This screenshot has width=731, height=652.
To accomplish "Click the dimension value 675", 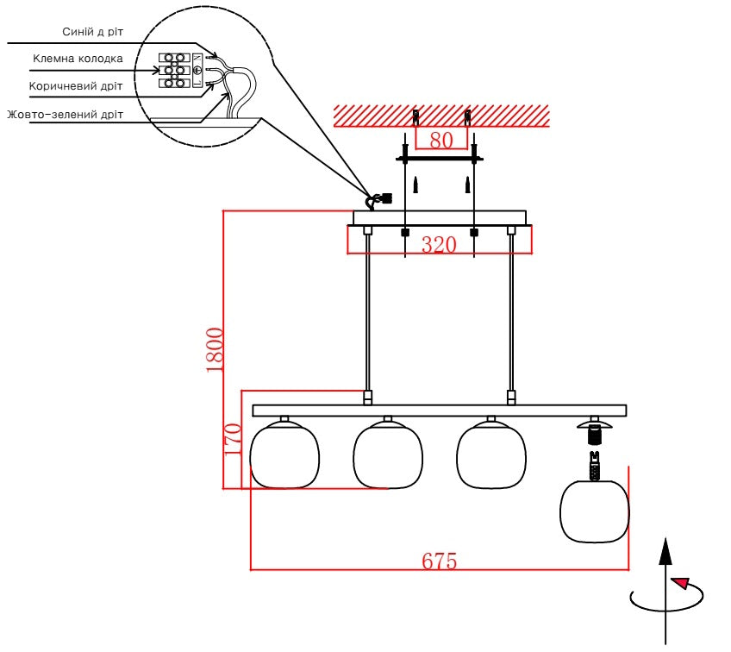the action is point(439,561).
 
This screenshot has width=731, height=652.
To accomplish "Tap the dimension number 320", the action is point(439,245).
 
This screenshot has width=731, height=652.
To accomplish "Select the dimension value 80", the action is point(441,140).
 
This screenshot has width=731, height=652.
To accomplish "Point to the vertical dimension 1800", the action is point(215,350).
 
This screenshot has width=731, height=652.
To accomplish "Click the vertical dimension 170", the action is point(233,439).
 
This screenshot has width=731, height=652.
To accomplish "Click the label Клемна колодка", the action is point(78,59).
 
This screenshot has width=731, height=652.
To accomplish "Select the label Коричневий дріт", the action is point(76,86).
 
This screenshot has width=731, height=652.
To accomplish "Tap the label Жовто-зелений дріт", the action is point(66,114).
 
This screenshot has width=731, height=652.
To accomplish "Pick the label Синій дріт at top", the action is point(93,32).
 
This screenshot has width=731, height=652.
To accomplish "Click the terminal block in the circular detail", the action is point(174,71).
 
